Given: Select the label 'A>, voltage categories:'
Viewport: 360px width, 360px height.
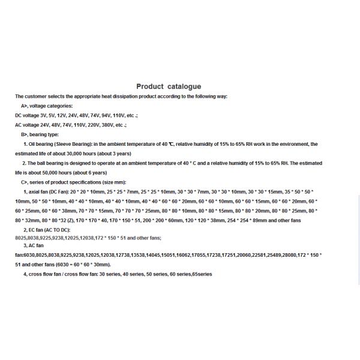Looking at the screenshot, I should click(x=46, y=106).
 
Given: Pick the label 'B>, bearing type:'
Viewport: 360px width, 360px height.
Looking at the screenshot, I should click(x=40, y=134).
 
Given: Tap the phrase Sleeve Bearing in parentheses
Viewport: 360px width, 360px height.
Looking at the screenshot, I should click(x=74, y=144).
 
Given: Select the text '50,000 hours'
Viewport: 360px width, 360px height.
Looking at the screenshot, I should click(x=40, y=172).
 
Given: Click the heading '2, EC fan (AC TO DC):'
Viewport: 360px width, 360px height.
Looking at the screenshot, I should click(x=46, y=230).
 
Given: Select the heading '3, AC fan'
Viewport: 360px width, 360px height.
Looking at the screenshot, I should click(x=34, y=245).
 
